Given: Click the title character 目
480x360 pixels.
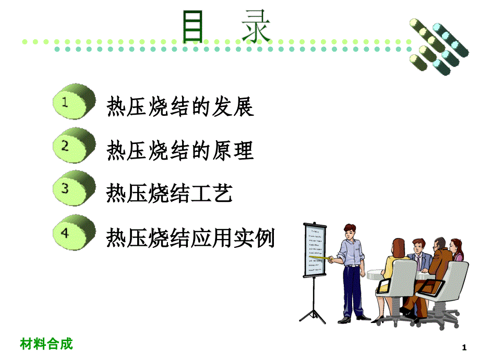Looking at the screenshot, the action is point(193,26).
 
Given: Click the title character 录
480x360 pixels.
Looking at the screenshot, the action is point(256,26).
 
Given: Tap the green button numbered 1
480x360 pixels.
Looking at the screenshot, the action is point(74,101).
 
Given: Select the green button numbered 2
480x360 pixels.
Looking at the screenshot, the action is point(74,145).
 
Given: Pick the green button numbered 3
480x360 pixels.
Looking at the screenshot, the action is point(74,188).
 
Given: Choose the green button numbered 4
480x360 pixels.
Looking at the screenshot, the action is point(74,232).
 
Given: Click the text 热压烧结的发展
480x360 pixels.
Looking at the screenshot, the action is point(180,106).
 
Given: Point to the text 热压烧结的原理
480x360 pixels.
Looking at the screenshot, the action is point(180,150).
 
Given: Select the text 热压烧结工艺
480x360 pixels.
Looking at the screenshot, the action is point(169,193).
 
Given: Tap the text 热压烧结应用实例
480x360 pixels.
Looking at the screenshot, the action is point(190,237).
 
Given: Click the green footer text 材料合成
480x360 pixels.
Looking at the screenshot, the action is point(46,343).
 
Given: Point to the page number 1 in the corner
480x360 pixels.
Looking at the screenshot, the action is point(464,347).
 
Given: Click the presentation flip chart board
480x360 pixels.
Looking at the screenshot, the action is point(315,250).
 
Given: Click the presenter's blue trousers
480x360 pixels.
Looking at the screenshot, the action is point(353,291).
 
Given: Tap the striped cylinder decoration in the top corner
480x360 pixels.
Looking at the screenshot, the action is point(439,46).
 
